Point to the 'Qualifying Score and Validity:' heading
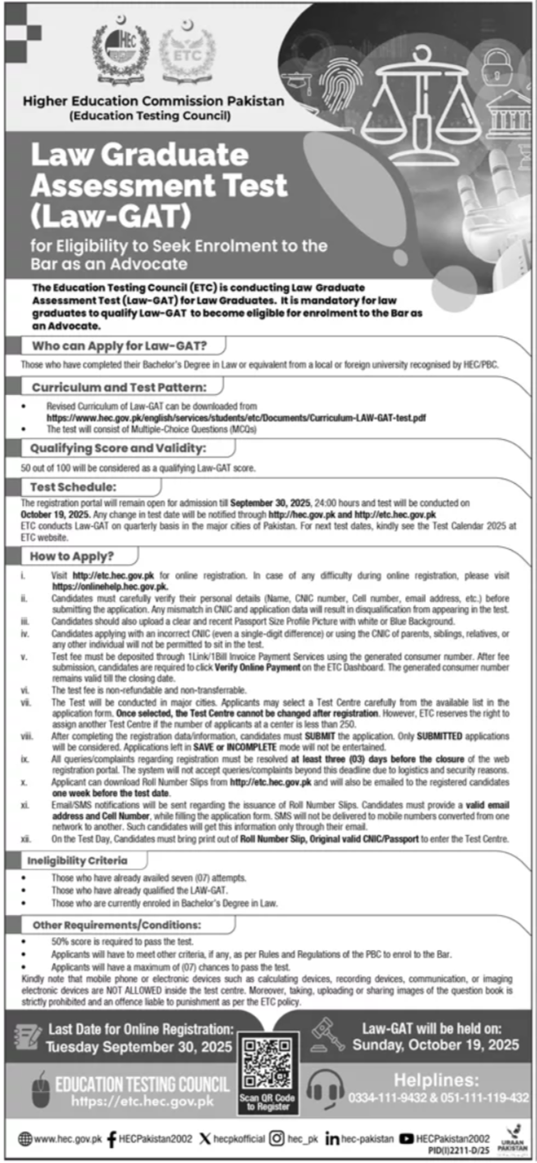click(x=125, y=449)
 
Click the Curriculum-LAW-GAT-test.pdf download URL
click(x=237, y=418)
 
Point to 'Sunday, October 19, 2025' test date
click(x=436, y=1045)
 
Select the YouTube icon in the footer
click(x=407, y=1138)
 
